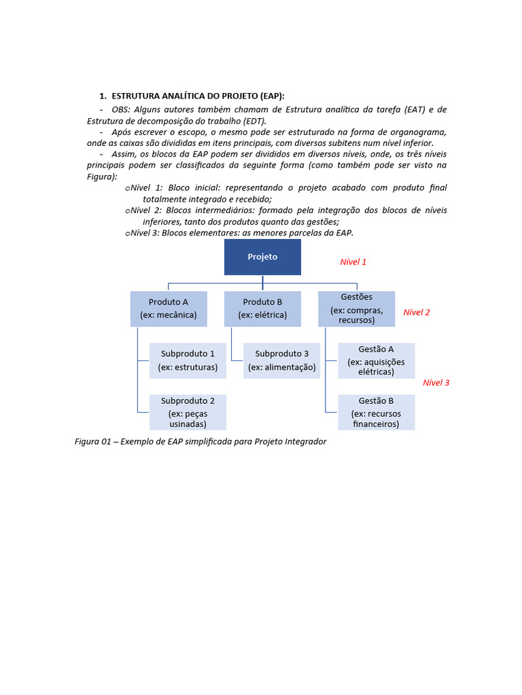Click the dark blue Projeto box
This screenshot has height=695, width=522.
tap(262, 257)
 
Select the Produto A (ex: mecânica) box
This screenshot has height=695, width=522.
tap(169, 309)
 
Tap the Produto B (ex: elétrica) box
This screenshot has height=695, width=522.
tap(262, 309)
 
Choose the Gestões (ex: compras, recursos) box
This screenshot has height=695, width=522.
tap(356, 309)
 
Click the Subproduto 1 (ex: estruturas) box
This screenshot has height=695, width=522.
tap(188, 360)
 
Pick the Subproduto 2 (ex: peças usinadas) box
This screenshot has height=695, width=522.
tap(188, 412)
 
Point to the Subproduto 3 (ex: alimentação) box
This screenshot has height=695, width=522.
tap(281, 360)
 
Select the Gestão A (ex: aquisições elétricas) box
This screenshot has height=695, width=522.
tap(376, 360)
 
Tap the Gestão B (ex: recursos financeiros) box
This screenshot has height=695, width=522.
tap(376, 412)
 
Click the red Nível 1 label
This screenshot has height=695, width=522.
tap(353, 262)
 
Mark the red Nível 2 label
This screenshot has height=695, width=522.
tap(416, 313)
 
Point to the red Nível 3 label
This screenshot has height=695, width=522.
tap(436, 383)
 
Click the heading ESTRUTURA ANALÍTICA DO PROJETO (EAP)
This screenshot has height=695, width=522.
tap(198, 96)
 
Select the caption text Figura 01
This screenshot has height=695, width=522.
tap(93, 442)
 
